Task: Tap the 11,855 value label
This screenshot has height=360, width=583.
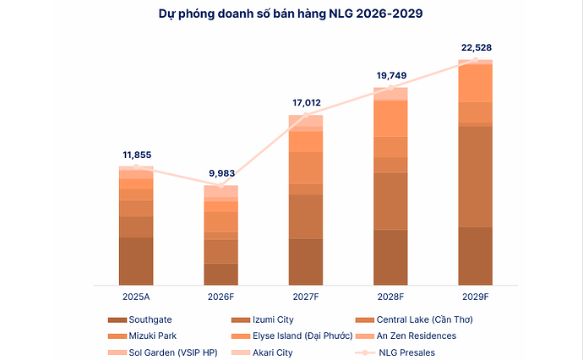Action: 136,155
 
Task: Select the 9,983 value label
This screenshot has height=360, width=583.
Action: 221,173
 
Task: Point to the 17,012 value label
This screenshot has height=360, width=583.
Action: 306,102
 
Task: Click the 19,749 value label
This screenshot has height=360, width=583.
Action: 390,74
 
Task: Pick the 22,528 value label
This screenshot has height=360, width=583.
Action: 476,46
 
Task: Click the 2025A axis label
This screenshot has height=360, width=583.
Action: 136,297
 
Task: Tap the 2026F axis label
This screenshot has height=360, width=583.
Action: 221,297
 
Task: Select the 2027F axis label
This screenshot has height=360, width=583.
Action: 306,297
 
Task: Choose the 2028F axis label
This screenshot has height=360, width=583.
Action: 390,297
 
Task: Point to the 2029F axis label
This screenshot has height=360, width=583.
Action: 476,297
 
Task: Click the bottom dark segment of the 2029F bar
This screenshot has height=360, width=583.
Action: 476,255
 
